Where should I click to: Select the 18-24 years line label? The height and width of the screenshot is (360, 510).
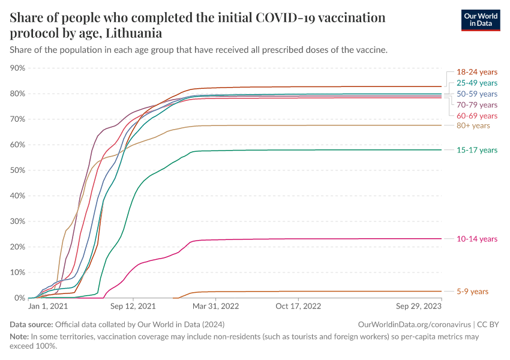pyautogui.click(x=477, y=71)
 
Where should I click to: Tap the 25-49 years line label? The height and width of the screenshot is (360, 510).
pyautogui.click(x=477, y=83)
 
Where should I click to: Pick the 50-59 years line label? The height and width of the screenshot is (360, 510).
pyautogui.click(x=477, y=94)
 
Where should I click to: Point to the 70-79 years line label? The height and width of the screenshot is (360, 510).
pyautogui.click(x=477, y=105)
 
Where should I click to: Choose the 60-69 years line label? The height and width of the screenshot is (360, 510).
pyautogui.click(x=477, y=116)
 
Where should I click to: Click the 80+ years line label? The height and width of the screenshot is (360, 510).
pyautogui.click(x=473, y=126)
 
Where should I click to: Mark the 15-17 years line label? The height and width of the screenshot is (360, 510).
pyautogui.click(x=477, y=150)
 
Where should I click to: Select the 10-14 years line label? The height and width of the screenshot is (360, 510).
pyautogui.click(x=477, y=239)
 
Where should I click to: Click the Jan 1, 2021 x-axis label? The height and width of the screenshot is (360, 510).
pyautogui.click(x=48, y=306)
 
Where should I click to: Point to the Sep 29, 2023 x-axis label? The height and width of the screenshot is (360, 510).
pyautogui.click(x=419, y=306)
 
